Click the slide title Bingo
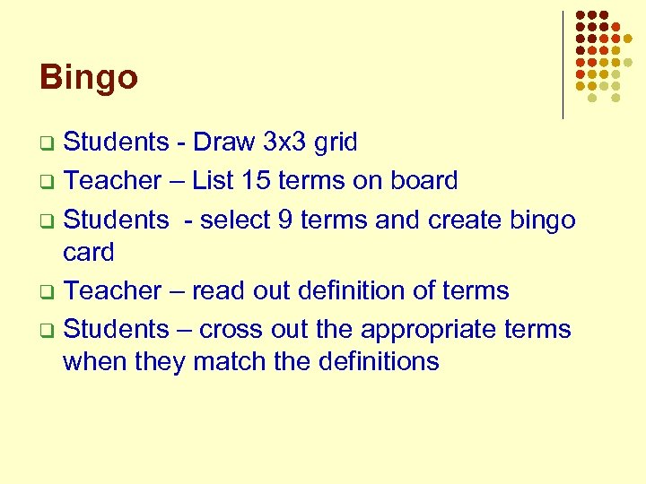point(89,78)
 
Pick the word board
point(423,180)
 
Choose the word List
point(214,180)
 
